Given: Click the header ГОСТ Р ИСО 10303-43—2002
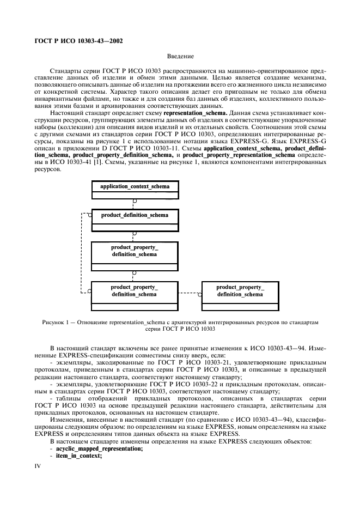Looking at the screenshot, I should pyautogui.click(x=75, y=41).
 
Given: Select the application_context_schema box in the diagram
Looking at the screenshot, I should pyautogui.click(x=135, y=187).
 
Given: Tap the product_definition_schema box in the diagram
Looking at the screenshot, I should pyautogui.click(x=135, y=215).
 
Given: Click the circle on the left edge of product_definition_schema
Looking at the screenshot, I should pyautogui.click(x=90, y=215).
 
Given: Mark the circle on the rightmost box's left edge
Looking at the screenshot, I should pyautogui.click(x=200, y=295).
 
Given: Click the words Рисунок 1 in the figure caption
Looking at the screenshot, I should pyautogui.click(x=55, y=323).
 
